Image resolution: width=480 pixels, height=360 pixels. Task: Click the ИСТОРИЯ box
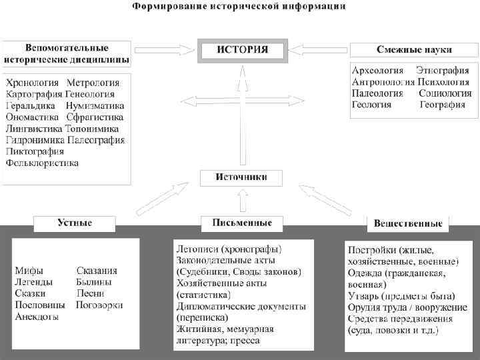(243, 51)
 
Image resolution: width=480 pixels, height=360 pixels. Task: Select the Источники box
(241, 178)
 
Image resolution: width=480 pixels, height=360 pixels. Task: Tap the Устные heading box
(74, 223)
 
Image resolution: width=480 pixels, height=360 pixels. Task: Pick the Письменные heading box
(241, 223)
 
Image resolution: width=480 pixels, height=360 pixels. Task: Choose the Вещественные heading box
(408, 223)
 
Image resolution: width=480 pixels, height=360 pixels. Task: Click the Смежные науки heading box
(414, 50)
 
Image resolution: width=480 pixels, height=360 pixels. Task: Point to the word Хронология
(33, 83)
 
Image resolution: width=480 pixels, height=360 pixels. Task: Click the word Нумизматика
(95, 106)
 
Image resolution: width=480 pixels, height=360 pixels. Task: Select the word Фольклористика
(42, 163)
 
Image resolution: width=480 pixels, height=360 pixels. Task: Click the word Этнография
(442, 71)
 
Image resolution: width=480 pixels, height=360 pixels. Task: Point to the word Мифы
(29, 271)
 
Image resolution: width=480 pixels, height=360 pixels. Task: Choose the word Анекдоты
(37, 317)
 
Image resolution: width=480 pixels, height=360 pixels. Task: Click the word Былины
(94, 282)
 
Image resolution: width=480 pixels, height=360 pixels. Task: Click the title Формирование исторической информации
(239, 7)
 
